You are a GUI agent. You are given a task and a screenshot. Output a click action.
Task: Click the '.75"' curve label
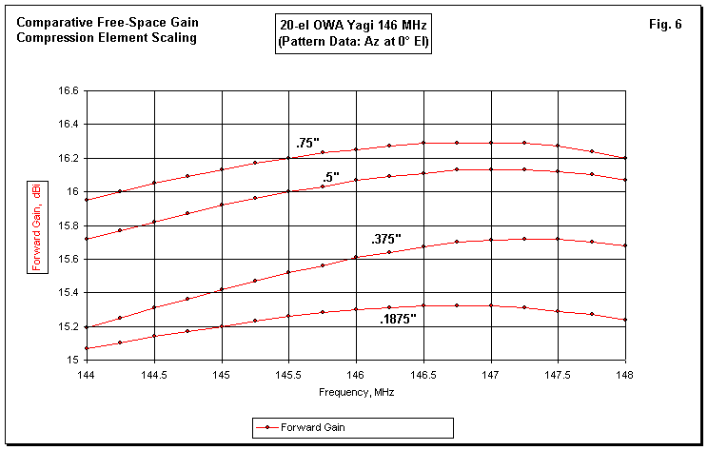tap(305, 143)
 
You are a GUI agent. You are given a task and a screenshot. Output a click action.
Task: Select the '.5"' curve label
tap(330, 176)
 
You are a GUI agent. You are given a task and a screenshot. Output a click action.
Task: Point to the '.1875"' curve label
tap(397, 319)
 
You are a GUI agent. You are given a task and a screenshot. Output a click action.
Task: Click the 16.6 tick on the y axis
tap(69, 91)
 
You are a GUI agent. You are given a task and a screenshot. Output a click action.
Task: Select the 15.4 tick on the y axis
tap(69, 293)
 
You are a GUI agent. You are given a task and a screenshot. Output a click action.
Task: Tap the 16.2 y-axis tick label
tap(69, 159)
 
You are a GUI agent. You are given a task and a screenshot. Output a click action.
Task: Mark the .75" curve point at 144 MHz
tap(87, 200)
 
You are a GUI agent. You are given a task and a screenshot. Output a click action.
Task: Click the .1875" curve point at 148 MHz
tap(625, 320)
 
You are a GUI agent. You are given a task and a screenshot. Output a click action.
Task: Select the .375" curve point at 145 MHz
tap(222, 289)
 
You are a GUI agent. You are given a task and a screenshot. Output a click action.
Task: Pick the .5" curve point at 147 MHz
tap(491, 169)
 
